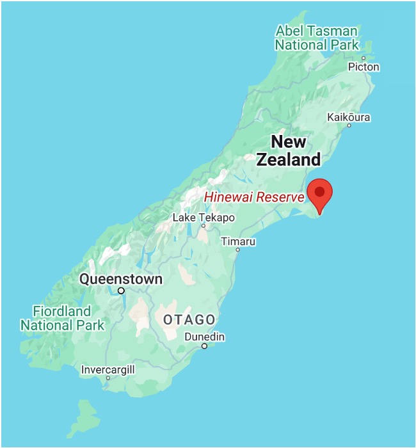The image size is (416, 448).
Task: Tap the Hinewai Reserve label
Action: point(254,197)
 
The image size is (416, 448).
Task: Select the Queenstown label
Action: point(121,279)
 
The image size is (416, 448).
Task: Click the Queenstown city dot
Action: point(121,291)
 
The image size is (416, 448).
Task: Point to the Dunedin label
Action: point(204,337)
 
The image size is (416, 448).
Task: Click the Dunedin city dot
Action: point(204,346)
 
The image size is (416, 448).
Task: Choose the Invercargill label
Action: point(108,369)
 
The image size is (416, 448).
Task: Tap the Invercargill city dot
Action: point(108,378)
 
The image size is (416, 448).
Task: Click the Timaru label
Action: point(238,241)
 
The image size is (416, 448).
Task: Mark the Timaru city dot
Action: point(237,250)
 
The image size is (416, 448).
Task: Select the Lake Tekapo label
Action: point(204,218)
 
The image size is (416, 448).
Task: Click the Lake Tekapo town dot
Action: point(204,226)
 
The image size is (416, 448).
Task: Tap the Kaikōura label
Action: point(349,117)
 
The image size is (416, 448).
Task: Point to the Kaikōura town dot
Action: point(349,125)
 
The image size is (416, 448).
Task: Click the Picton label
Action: point(364,67)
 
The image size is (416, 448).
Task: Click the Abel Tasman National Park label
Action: point(317,38)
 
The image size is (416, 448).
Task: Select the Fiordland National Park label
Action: point(62,318)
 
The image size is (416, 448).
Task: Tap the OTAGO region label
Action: point(189,319)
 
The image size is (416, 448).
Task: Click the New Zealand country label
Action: point(289,150)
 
